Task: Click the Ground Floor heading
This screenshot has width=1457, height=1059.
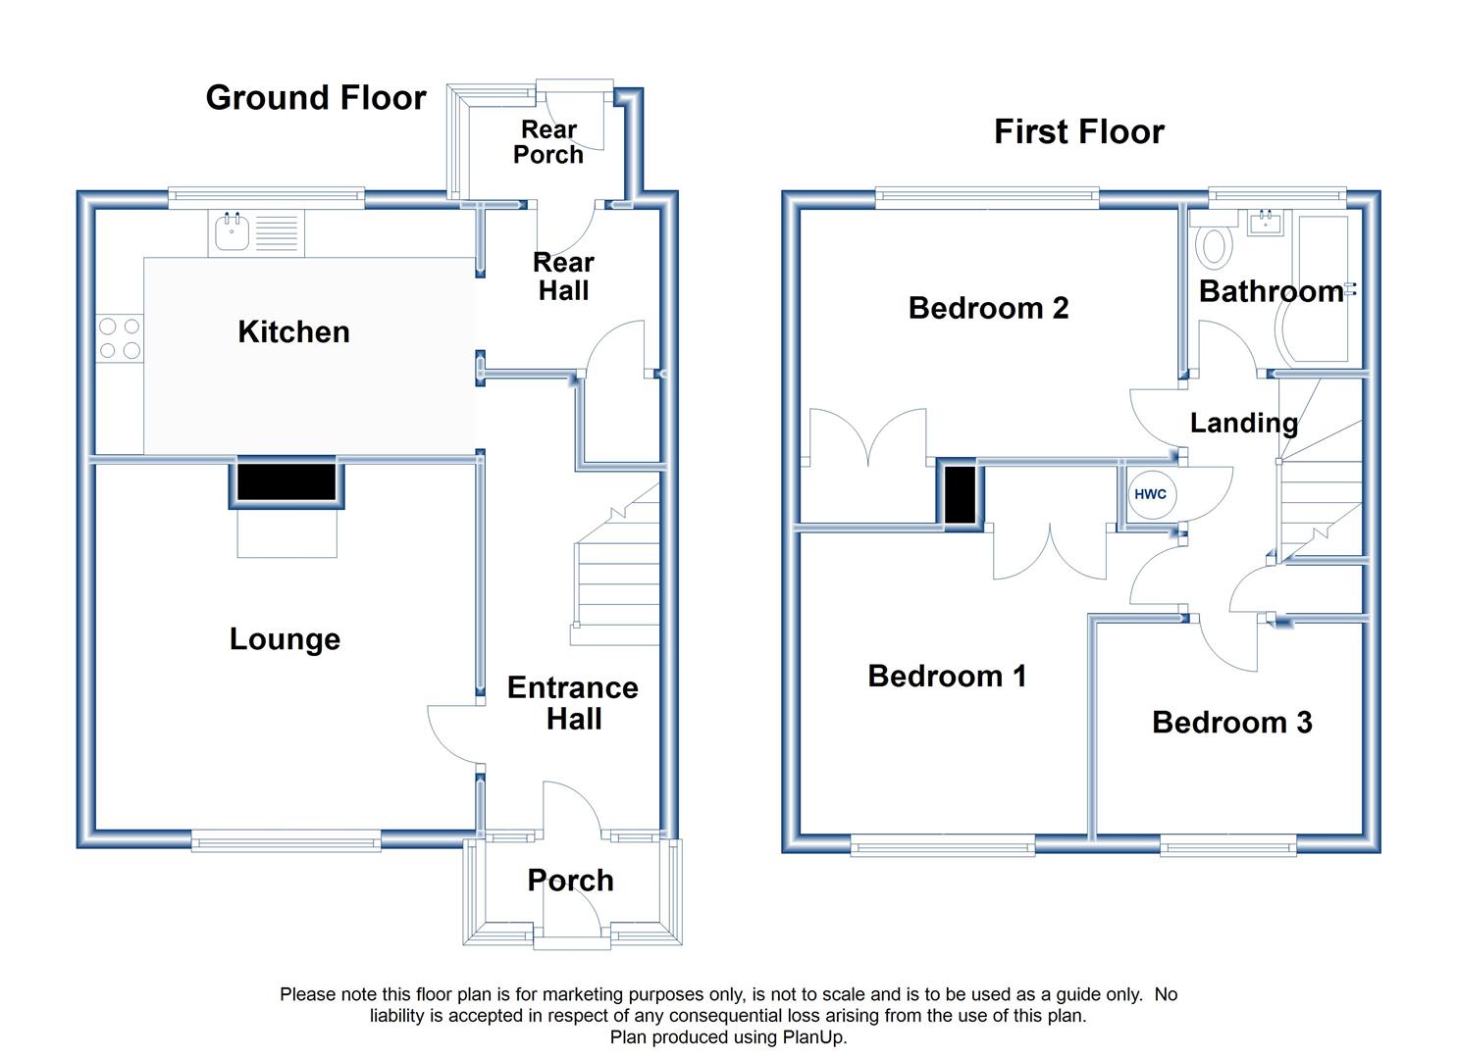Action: [x=316, y=98]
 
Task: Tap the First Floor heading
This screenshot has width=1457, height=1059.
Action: [x=1079, y=132]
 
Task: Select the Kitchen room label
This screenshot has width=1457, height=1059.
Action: [x=294, y=332]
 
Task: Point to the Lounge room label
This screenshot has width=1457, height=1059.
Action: [x=285, y=639]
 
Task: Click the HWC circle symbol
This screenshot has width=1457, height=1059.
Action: [x=1150, y=494]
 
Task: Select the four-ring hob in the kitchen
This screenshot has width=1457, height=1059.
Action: [x=120, y=338]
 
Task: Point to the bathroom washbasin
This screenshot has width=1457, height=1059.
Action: [x=1265, y=223]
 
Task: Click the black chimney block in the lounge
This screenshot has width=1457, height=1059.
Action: [x=286, y=481]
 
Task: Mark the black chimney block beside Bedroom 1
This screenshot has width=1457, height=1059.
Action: [x=961, y=495]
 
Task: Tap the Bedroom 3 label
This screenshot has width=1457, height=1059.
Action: [x=1232, y=723]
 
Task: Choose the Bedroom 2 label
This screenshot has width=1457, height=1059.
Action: [x=989, y=308]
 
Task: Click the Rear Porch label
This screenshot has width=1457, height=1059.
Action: [x=548, y=142]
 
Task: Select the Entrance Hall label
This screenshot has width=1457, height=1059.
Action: [x=573, y=703]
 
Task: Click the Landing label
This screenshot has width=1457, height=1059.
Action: [x=1244, y=424]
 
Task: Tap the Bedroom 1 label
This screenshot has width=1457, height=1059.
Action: [x=947, y=677]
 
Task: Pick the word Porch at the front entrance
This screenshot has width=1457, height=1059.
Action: [x=570, y=881]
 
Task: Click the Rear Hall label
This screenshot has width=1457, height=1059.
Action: [x=563, y=277]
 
